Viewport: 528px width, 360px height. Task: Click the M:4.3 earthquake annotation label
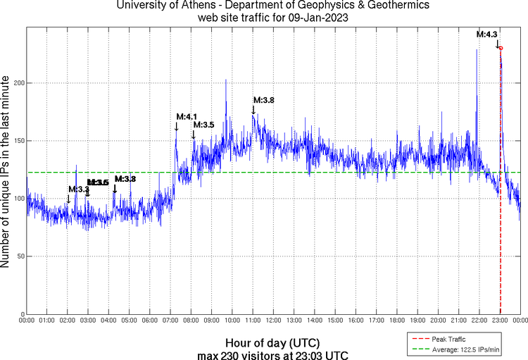coord(487,34)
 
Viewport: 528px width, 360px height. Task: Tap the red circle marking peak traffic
coord(500,47)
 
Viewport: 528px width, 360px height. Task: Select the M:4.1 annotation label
coord(187,116)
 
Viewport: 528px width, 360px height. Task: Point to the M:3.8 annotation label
coord(263,100)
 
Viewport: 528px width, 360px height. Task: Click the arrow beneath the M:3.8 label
coord(253,109)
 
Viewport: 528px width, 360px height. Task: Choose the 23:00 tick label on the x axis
coord(500,321)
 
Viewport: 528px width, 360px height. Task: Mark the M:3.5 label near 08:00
coord(203,125)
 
